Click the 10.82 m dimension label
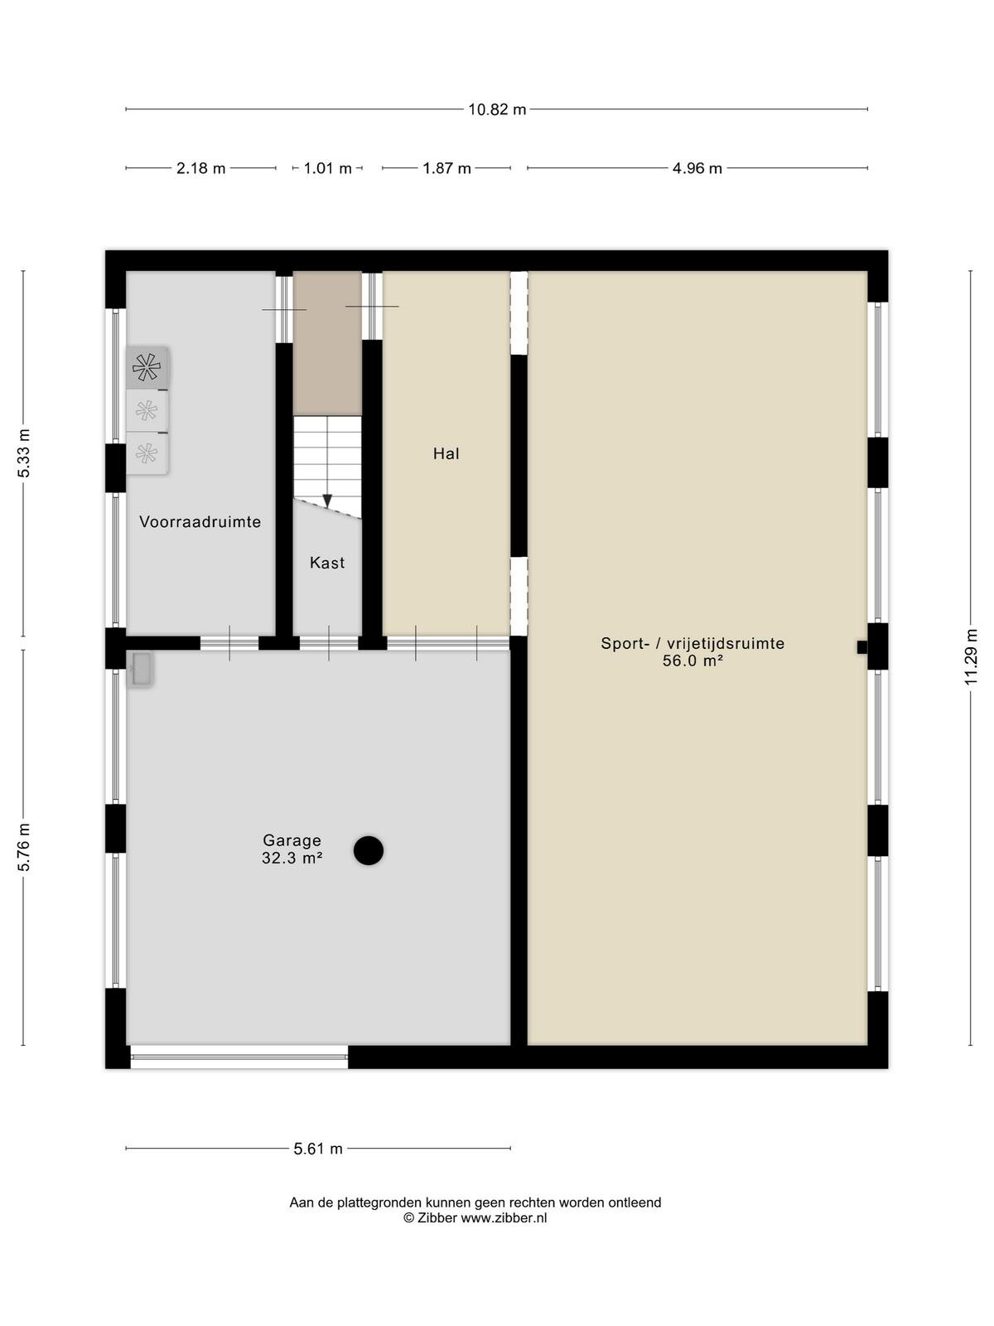tap(497, 109)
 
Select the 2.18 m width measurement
tap(200, 168)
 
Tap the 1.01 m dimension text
tap(327, 168)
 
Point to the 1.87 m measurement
tap(446, 168)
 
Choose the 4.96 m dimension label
tap(697, 168)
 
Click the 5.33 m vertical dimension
tap(23, 453)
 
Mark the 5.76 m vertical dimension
tap(23, 847)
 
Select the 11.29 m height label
tap(971, 656)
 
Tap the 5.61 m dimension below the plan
tap(318, 1149)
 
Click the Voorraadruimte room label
tap(200, 522)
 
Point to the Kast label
tap(327, 563)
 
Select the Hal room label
tap(446, 453)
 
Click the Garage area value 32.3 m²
tap(292, 858)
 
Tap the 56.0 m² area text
tap(692, 661)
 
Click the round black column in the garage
tap(368, 850)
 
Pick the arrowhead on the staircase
tap(327, 501)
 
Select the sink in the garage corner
tap(140, 670)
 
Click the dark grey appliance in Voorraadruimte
tap(147, 367)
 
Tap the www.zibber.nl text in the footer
tap(504, 1218)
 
